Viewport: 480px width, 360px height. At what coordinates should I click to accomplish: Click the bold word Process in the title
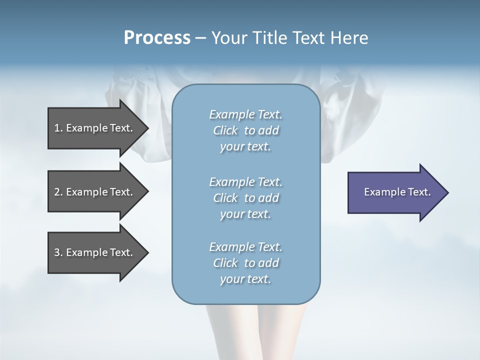point(157,38)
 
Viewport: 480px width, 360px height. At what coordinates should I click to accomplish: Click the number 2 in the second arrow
point(56,192)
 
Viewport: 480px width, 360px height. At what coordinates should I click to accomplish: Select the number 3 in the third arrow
point(56,252)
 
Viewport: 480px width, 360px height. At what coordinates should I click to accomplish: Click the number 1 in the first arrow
point(56,128)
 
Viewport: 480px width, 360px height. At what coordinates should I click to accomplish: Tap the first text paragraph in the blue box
point(245,130)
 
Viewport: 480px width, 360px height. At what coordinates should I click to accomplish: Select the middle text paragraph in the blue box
point(245,198)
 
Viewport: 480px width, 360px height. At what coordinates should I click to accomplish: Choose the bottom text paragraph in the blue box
point(245,263)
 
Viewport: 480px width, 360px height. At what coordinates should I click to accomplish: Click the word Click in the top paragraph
point(225,130)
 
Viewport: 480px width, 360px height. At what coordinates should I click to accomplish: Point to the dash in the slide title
point(200,38)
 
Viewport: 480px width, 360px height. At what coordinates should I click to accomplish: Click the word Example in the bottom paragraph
point(231,247)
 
